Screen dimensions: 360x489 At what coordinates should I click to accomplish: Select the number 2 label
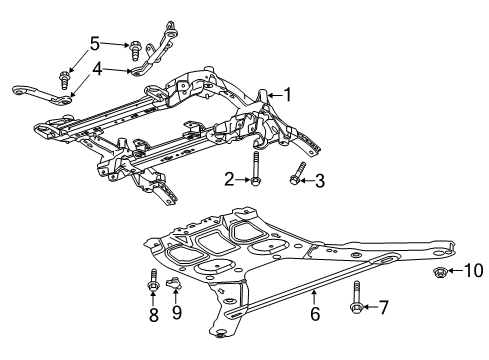[228, 181]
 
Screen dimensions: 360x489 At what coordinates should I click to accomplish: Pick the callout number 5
[96, 43]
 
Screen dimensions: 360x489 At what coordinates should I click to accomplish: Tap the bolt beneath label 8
[152, 283]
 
